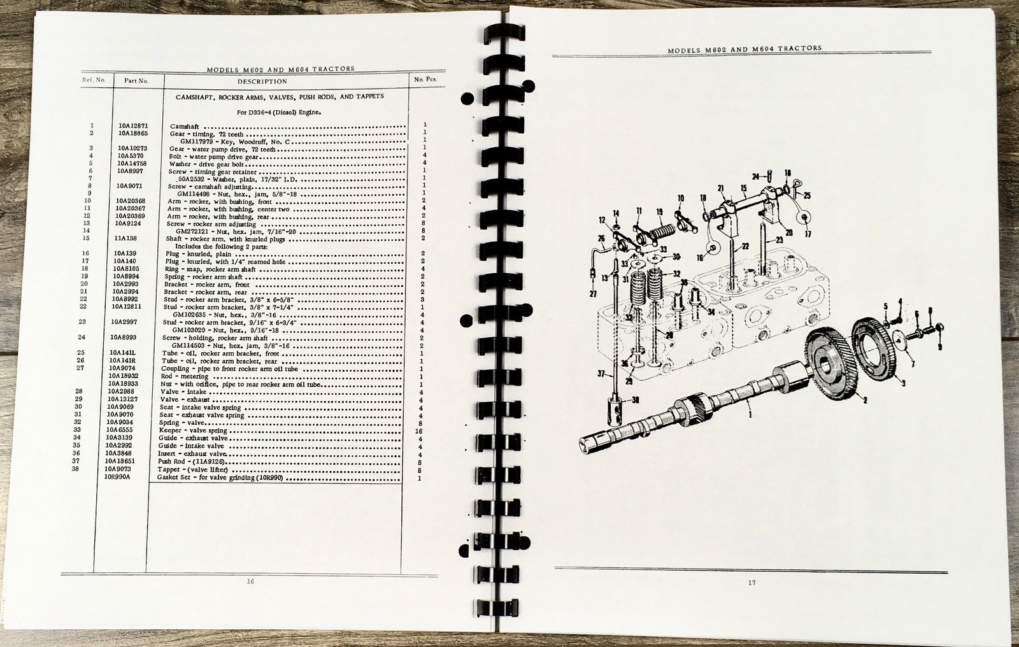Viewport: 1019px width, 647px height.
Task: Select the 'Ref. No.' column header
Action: (94, 80)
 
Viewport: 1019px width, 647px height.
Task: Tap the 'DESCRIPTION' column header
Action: (262, 81)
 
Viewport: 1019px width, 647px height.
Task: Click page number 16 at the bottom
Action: (250, 581)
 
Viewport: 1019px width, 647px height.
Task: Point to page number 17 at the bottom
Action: (752, 582)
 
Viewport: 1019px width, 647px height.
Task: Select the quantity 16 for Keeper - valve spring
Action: (420, 431)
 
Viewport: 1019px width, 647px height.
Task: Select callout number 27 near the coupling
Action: (592, 294)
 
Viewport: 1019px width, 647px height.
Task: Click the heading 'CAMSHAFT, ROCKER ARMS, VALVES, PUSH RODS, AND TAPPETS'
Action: (279, 97)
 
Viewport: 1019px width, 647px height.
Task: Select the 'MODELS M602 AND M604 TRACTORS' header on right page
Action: (745, 48)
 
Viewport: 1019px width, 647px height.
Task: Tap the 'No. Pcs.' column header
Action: (424, 80)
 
